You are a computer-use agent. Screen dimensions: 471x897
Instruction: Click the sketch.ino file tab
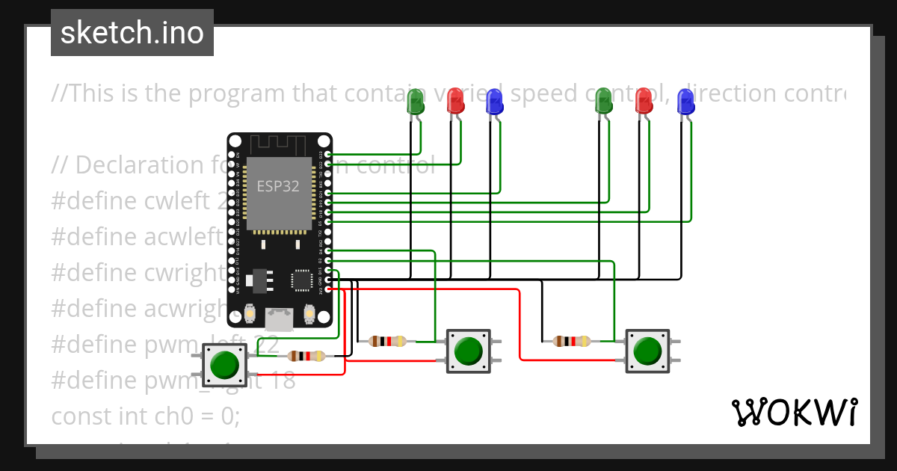[132, 33]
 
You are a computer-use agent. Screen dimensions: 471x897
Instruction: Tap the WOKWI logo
[794, 412]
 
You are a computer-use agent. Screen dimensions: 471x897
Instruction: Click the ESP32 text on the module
[278, 186]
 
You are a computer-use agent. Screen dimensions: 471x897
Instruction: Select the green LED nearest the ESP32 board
[416, 102]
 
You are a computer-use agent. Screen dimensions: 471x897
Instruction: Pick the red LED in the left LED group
[455, 101]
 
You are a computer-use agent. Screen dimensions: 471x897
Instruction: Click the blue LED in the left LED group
[494, 101]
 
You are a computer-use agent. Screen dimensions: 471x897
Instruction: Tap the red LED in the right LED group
[643, 101]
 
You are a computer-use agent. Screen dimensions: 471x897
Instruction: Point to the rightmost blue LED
[685, 102]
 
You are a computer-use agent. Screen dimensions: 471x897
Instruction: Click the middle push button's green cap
[468, 350]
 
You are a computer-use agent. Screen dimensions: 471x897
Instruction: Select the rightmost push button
[647, 350]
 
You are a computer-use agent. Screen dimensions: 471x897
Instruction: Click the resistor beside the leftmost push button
[306, 356]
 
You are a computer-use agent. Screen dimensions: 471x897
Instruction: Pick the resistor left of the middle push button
[387, 342]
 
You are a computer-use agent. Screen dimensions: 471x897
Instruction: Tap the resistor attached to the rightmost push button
[571, 342]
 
